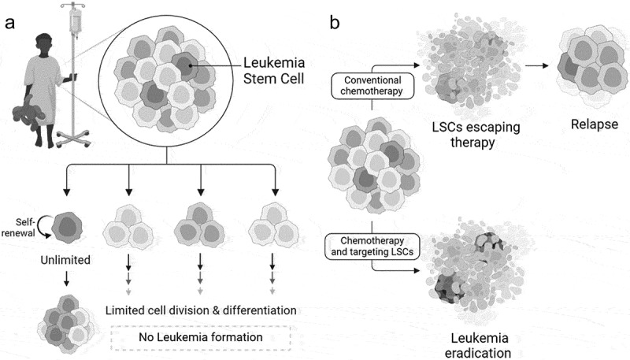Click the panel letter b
coord(335,24)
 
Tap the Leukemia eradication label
coord(468,344)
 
